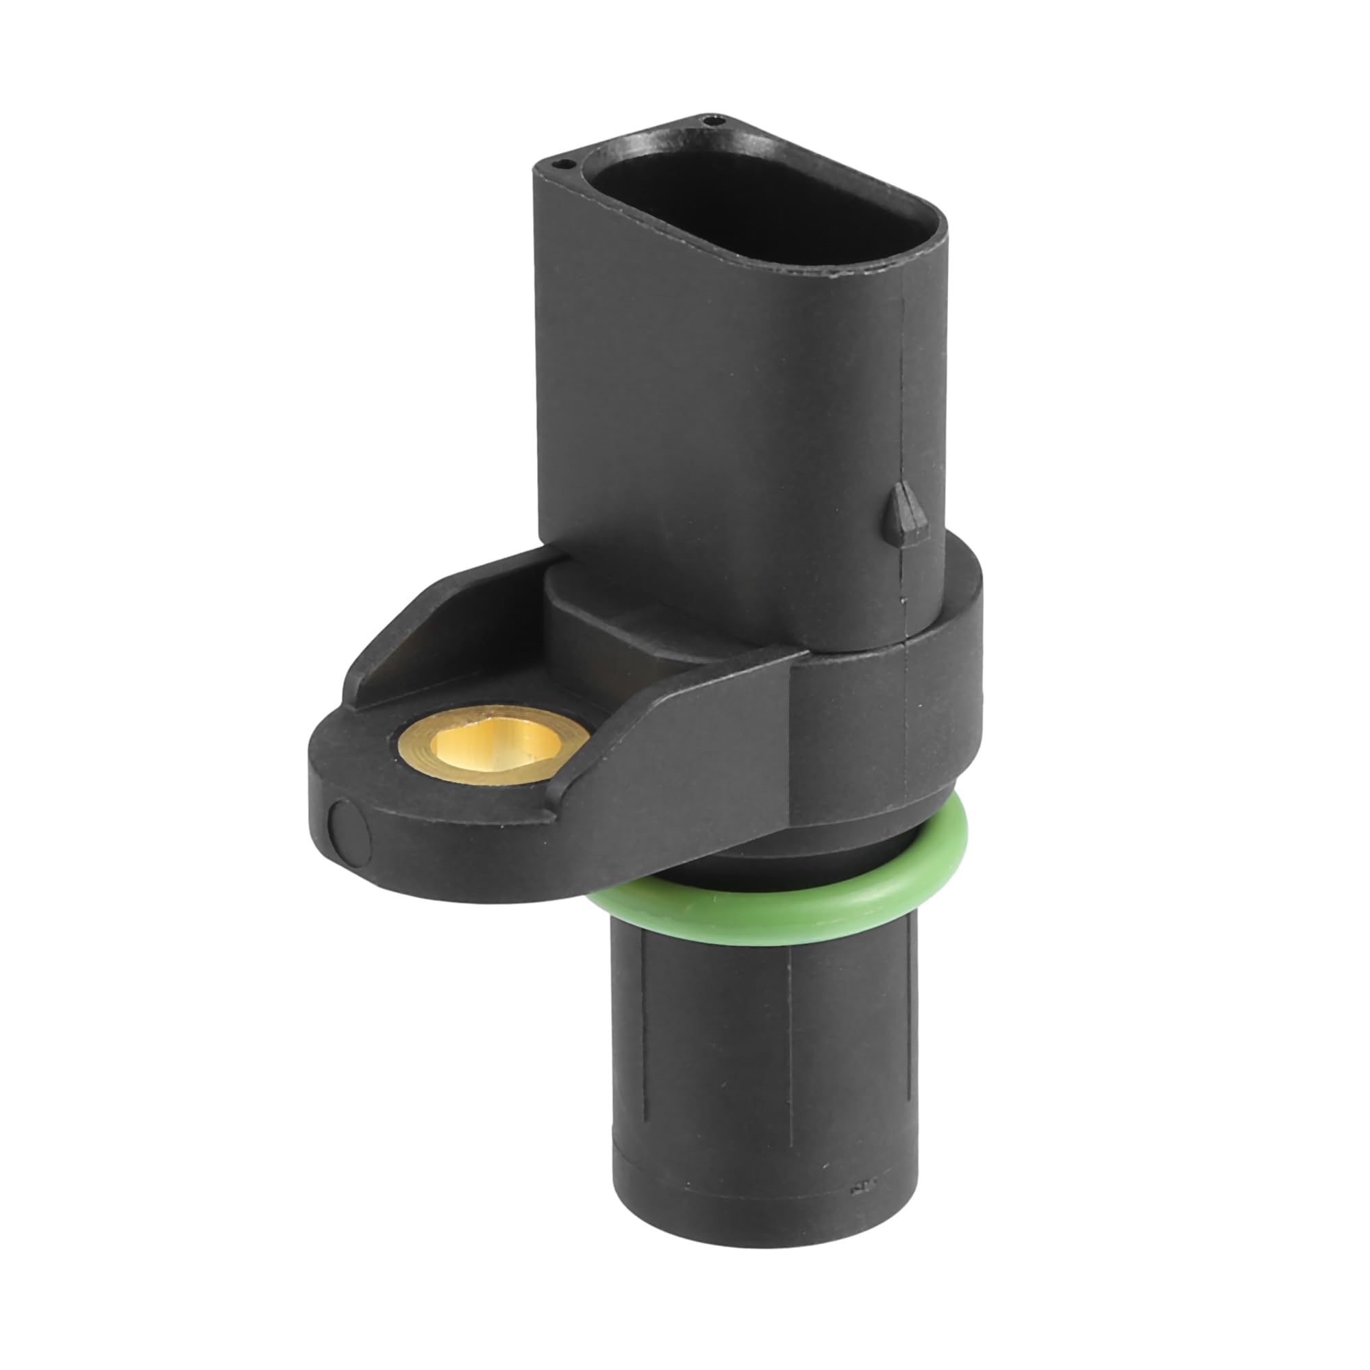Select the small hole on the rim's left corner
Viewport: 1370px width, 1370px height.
tap(564, 164)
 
